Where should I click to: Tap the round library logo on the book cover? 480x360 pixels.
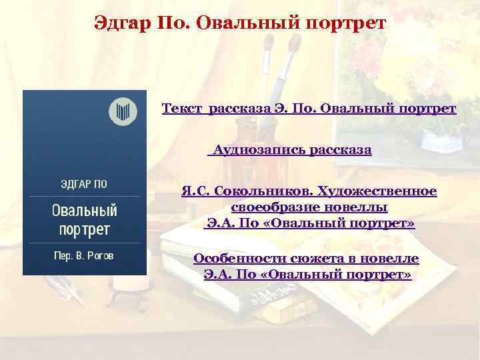(123, 110)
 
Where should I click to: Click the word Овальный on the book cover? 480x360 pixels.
(85, 212)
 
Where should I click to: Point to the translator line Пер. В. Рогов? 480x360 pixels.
(85, 256)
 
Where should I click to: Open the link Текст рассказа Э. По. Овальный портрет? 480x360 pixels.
(309, 108)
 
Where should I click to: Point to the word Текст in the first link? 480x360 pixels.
(182, 108)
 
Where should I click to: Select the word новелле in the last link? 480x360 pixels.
(393, 259)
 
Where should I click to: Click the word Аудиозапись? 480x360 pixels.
(261, 151)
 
